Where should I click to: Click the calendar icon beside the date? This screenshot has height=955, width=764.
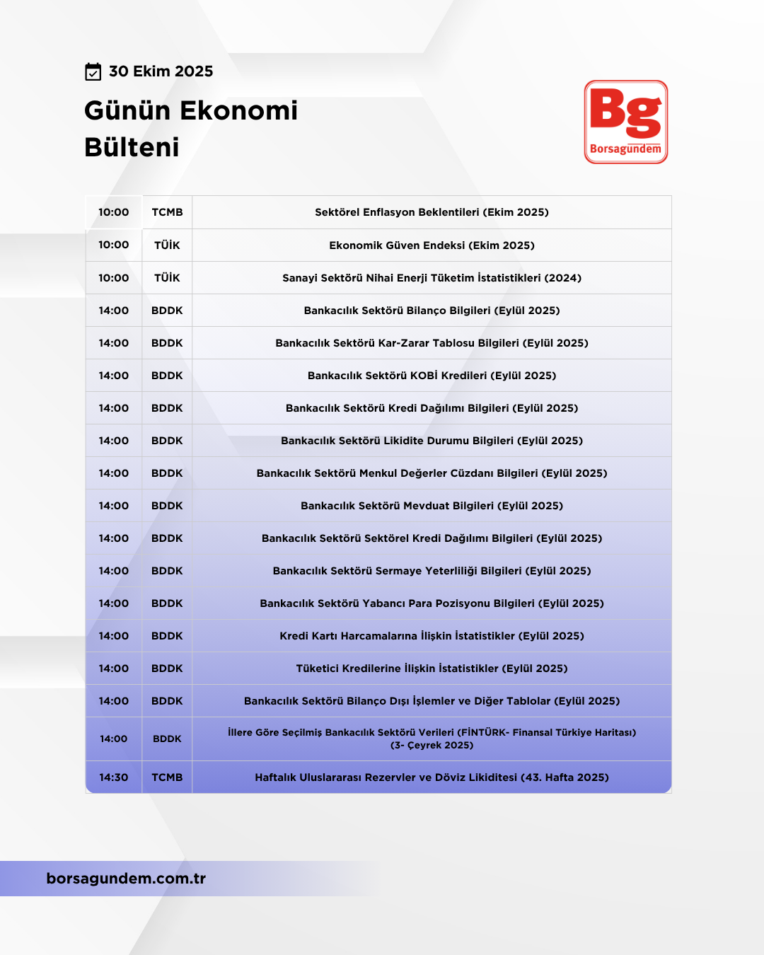(x=93, y=71)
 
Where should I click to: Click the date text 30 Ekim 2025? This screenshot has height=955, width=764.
(x=161, y=71)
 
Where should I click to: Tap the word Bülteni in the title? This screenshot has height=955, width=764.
(x=132, y=147)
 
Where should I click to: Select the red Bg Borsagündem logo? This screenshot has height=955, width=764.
(x=625, y=122)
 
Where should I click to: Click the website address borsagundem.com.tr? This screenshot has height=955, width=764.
(x=126, y=879)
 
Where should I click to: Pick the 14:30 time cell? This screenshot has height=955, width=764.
(x=113, y=777)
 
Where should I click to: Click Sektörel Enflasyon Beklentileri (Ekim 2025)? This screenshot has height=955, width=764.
(x=432, y=212)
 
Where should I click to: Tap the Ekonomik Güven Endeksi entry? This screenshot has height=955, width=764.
(x=432, y=245)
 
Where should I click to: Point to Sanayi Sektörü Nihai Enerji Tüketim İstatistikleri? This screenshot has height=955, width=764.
(x=432, y=278)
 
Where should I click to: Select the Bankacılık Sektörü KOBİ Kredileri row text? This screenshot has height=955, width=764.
(x=432, y=376)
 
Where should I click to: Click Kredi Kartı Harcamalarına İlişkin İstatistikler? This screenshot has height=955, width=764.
(x=432, y=636)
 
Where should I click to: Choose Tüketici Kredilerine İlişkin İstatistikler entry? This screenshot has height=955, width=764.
(x=432, y=668)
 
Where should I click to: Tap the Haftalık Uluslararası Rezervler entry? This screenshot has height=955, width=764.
(x=432, y=777)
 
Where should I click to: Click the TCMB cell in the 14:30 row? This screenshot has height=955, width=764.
(x=167, y=777)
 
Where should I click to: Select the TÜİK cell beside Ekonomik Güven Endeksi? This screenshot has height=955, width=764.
(x=167, y=245)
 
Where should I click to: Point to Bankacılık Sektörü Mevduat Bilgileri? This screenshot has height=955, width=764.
(x=432, y=506)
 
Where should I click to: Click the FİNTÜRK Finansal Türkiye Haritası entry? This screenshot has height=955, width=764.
(x=432, y=739)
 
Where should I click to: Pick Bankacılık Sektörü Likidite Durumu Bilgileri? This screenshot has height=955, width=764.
(x=432, y=441)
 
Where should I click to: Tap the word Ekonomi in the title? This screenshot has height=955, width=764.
(x=239, y=110)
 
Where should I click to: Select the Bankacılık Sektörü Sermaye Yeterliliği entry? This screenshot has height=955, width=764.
(x=432, y=571)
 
